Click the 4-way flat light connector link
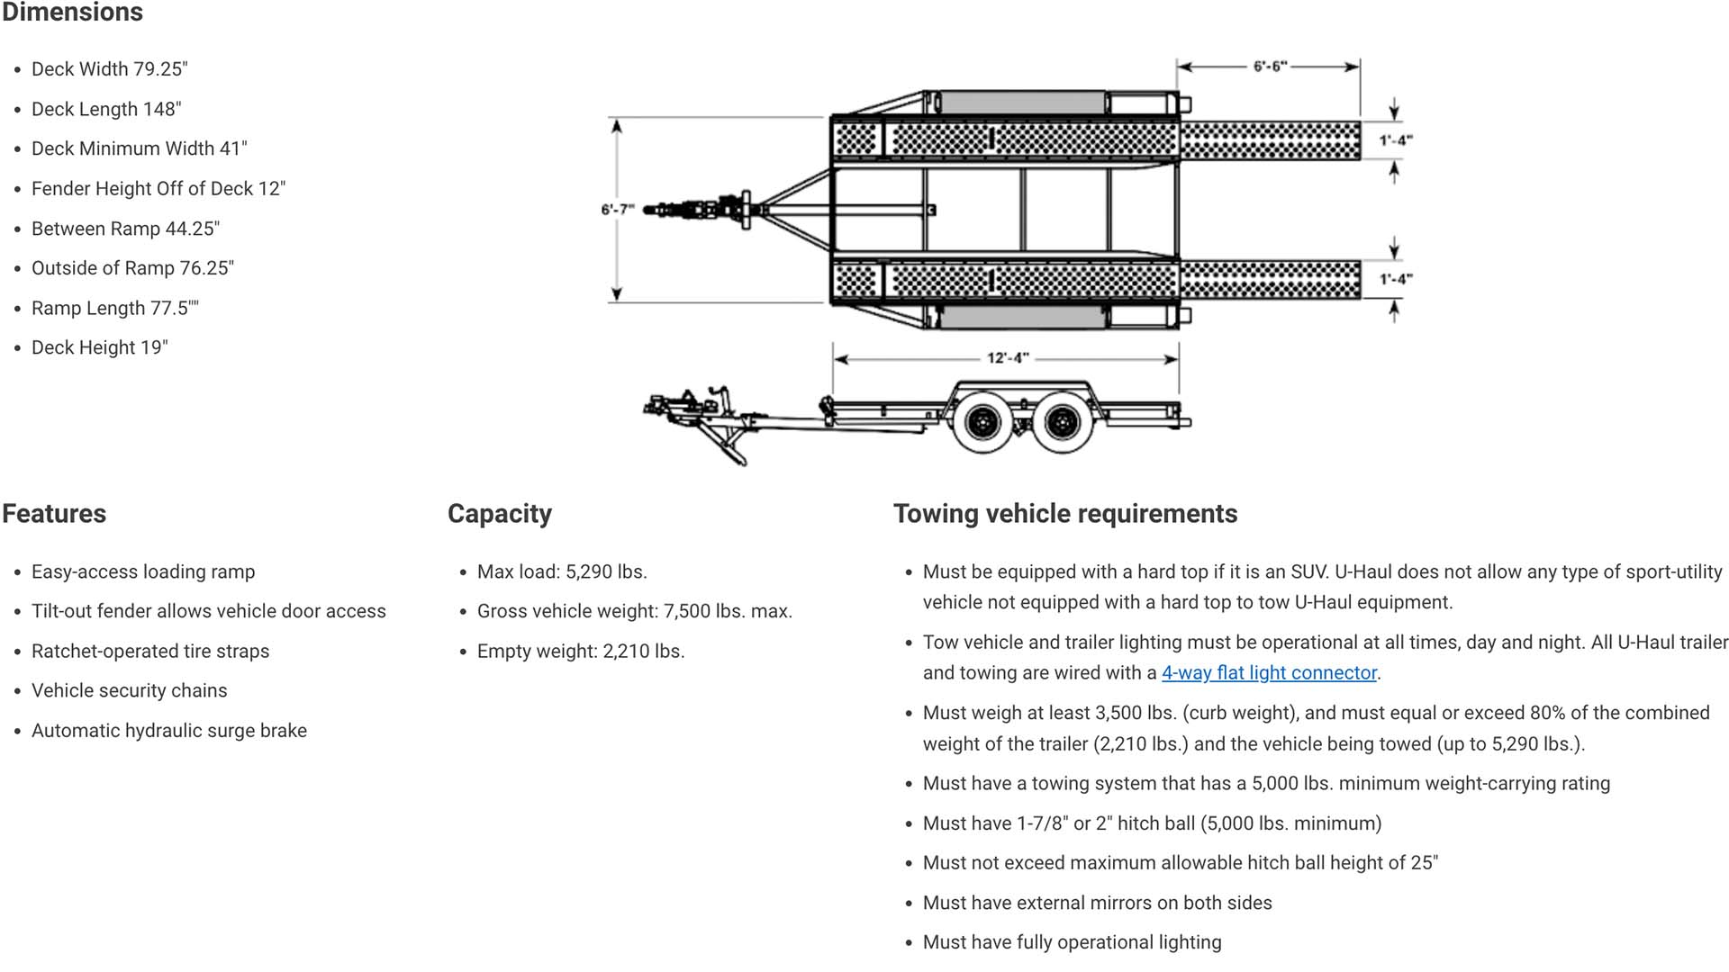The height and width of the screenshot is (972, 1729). coord(1269,673)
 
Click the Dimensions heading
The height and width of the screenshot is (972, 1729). coord(73,13)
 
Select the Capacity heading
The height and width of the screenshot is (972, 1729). coord(500,514)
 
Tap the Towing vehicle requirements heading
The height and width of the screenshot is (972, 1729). coord(1065,514)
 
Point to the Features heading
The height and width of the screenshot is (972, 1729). coord(54,514)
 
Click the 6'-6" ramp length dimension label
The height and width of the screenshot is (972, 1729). coord(1270,67)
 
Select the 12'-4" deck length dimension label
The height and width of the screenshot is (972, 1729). coord(1007,358)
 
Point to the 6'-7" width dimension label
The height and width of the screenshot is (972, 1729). coord(618,210)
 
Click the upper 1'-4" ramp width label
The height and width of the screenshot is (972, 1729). coord(1396,140)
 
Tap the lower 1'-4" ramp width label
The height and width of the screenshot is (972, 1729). coord(1396,279)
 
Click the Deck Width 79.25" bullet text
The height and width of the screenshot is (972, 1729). coord(110,69)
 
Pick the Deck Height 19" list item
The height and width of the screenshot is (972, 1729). coord(100,348)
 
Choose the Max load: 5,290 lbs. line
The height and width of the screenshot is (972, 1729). coord(562,572)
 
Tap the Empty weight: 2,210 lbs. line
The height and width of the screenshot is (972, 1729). coord(581,652)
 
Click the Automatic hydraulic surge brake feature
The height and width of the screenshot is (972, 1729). coord(169,731)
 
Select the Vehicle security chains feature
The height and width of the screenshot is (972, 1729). coord(130,691)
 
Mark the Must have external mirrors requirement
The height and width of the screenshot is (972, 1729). coord(1098,904)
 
